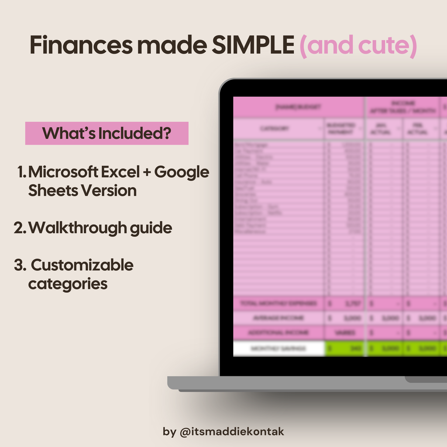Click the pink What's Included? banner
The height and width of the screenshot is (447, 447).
coord(107,133)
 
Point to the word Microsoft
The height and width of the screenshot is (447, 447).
coord(63,172)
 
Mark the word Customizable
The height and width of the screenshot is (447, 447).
coord(82,265)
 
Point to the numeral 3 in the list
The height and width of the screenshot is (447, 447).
coord(19,265)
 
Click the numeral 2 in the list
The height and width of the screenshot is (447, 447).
coord(19,228)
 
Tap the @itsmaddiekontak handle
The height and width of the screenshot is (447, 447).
coord(232,432)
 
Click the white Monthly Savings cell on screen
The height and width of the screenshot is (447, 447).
coord(279,348)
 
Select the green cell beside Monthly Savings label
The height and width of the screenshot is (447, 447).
coord(344,348)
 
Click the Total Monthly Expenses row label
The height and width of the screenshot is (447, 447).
coord(279,303)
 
